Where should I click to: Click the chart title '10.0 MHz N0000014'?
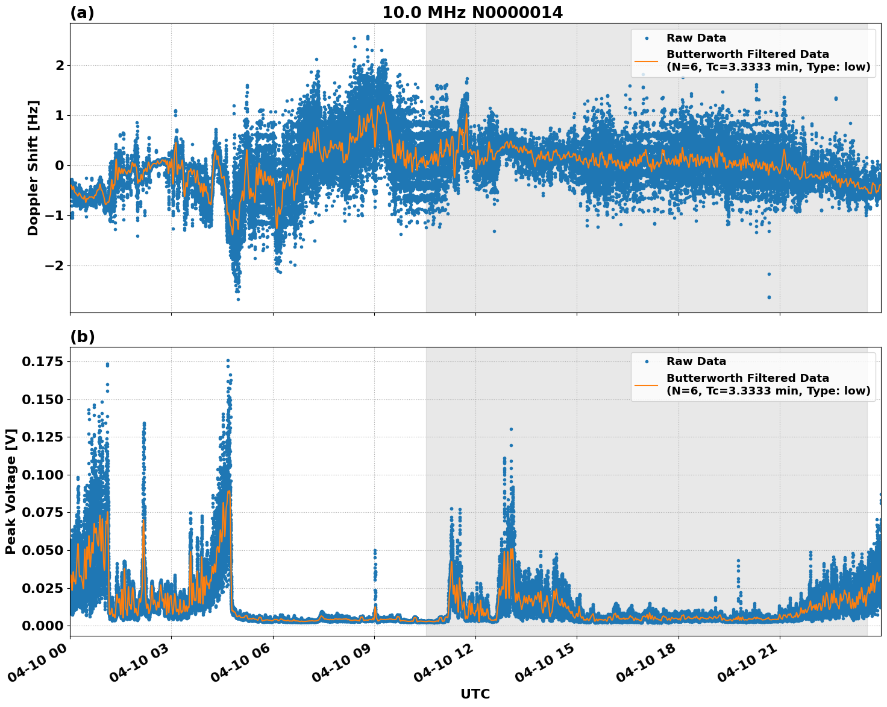(472, 13)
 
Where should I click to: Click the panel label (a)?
(82, 13)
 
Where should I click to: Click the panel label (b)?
(82, 337)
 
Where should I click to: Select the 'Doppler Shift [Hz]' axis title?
(33, 168)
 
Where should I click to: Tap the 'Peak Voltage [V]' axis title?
(11, 491)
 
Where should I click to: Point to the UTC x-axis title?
(475, 694)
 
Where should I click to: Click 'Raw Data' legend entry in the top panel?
(696, 38)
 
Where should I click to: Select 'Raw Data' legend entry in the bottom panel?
(696, 361)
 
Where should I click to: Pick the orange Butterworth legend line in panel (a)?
(646, 60)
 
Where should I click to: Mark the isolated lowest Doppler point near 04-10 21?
(769, 297)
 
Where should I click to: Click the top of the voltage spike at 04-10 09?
(375, 551)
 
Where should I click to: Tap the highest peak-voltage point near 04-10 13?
(511, 429)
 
